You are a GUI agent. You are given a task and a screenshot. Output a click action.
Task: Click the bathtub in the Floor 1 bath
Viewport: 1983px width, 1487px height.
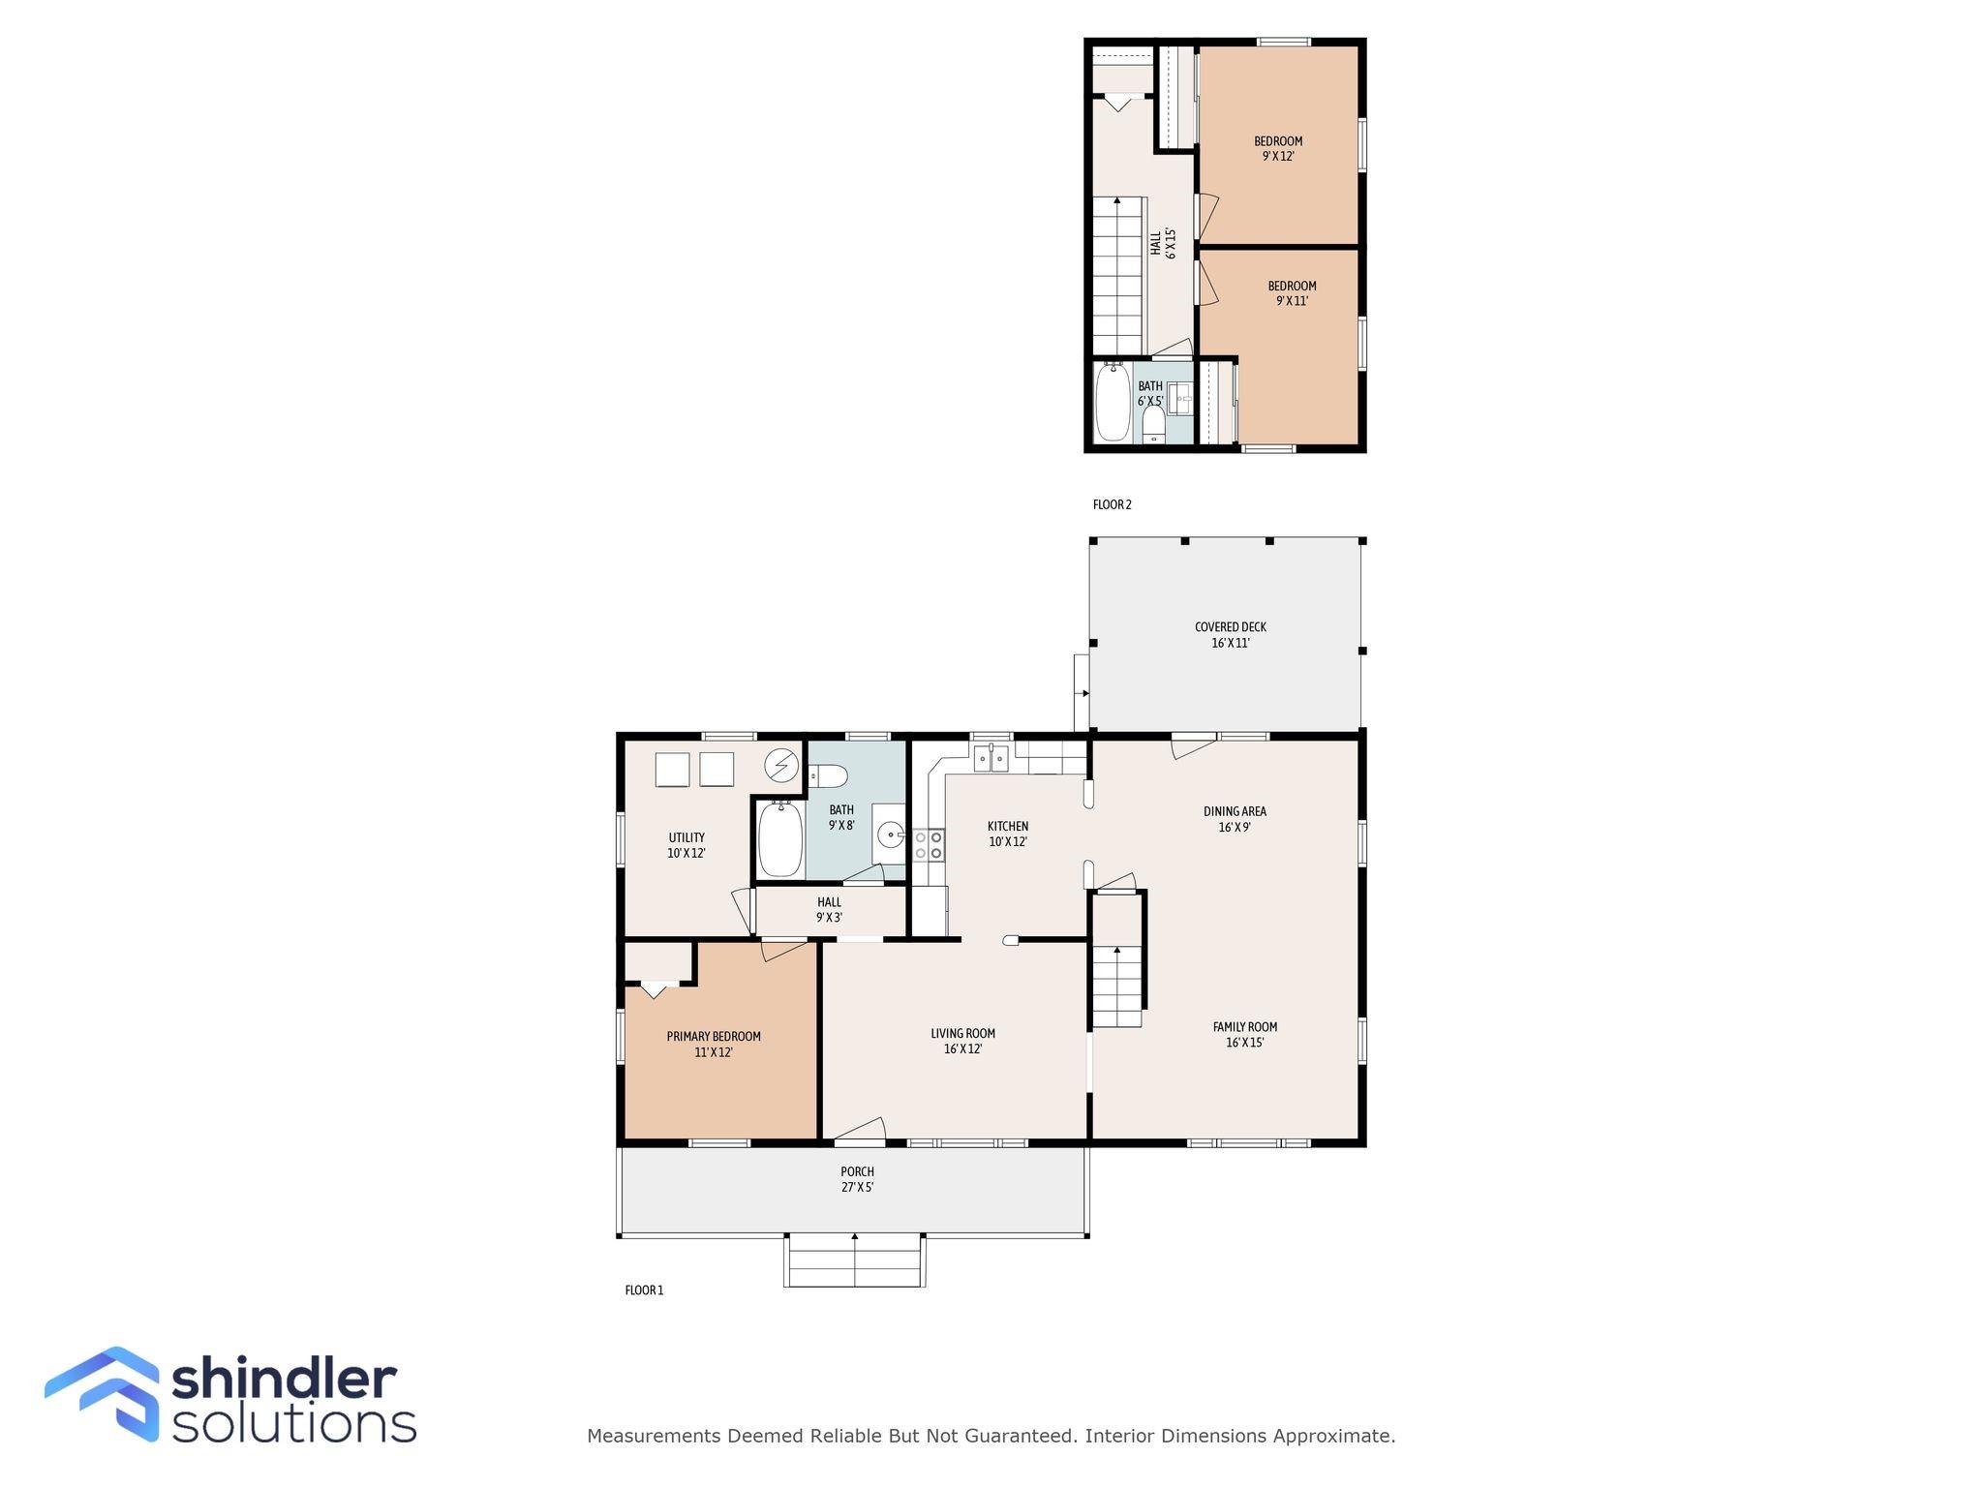(779, 838)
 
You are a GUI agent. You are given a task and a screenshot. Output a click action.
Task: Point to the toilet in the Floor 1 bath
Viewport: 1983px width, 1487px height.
(829, 775)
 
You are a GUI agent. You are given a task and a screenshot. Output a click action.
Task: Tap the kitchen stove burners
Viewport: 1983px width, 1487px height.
(928, 844)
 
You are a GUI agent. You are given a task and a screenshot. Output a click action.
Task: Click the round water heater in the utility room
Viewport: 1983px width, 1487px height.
(781, 767)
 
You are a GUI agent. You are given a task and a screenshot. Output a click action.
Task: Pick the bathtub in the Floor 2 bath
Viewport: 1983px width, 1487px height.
(1112, 401)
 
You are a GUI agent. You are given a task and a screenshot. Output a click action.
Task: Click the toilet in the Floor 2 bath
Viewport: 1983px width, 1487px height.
(1153, 424)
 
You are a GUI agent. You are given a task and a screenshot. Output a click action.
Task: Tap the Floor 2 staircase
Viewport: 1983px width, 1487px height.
(1119, 276)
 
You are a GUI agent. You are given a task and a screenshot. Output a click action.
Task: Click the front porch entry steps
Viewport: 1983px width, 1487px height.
(854, 1260)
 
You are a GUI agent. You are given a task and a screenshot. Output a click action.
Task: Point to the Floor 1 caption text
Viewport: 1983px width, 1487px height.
(644, 1290)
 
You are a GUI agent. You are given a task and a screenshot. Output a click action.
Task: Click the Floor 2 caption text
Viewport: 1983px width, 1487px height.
(1112, 504)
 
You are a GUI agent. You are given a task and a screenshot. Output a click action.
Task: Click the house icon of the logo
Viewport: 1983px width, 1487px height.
(103, 1394)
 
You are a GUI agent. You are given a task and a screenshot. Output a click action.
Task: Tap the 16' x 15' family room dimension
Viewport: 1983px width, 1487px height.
(1245, 1043)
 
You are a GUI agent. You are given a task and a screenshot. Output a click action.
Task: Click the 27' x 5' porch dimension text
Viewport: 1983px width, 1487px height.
(857, 1187)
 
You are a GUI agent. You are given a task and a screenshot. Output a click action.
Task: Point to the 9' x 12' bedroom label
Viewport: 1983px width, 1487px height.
(1278, 148)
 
